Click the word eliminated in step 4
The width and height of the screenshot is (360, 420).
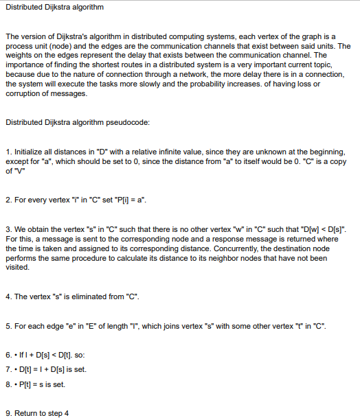coord(92,296)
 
